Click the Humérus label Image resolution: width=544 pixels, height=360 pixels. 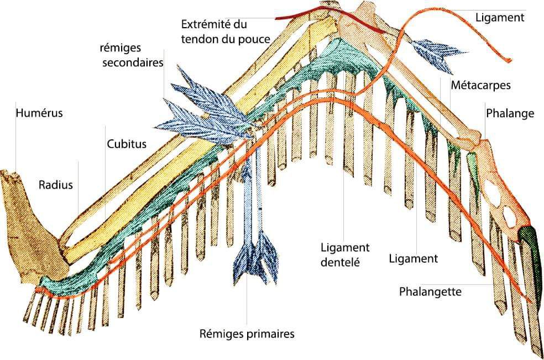(x=39, y=113)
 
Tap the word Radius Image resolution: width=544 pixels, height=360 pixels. (x=55, y=185)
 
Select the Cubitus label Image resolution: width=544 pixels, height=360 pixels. (x=127, y=144)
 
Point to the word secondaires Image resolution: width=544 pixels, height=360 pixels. (x=132, y=62)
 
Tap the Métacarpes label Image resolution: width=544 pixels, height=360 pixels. (x=480, y=85)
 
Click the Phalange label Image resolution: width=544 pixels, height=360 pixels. (x=510, y=113)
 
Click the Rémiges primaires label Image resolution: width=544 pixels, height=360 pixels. (x=247, y=333)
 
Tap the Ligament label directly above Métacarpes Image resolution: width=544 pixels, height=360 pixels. (x=499, y=17)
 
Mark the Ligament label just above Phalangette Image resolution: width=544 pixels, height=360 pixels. (x=414, y=258)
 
